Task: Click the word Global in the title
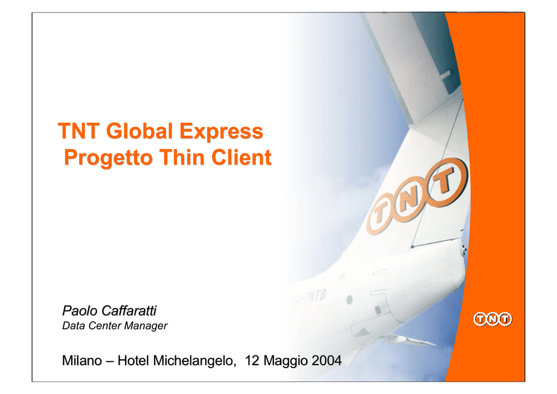point(139,131)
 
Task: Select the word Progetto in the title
point(108,158)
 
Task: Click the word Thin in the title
point(182,157)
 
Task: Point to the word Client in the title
point(242,157)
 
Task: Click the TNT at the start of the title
point(78,131)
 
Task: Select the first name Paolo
point(80,311)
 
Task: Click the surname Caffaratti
point(129,311)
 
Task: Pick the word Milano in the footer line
point(82,361)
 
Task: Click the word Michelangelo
point(195,361)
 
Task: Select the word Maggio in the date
point(286,361)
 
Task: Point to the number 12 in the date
point(252,361)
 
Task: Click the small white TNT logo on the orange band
point(493,319)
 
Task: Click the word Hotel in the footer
point(133,361)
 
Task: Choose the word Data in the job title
point(74,326)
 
